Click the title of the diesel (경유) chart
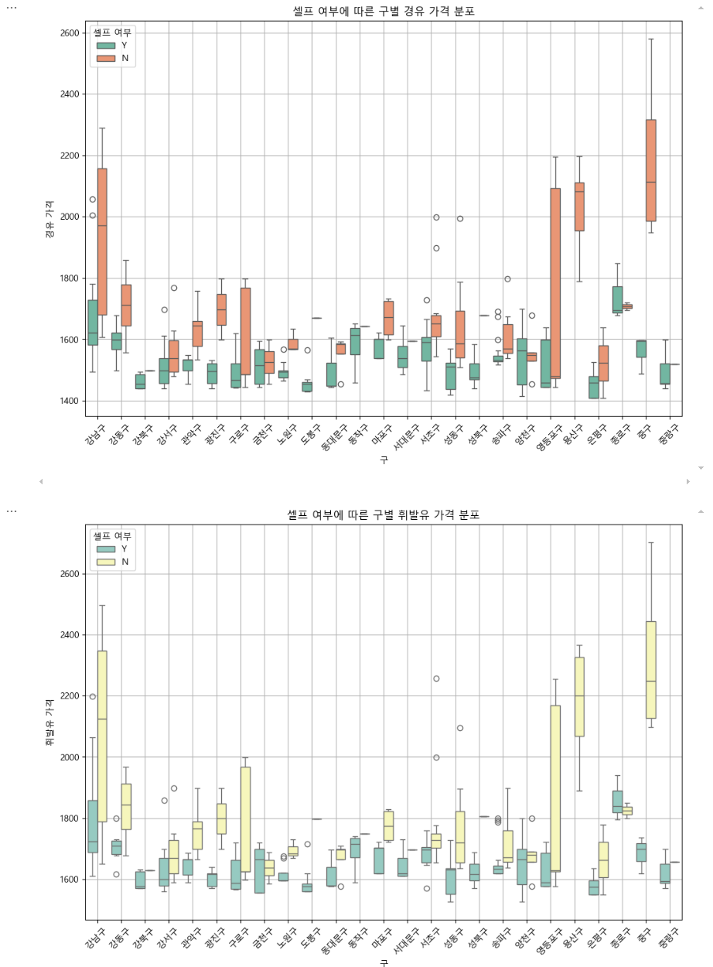tap(384, 10)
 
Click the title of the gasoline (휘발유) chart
tap(384, 514)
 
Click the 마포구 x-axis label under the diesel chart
tap(378, 438)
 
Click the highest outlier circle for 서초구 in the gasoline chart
tap(436, 678)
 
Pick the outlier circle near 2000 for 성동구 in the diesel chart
tap(459, 218)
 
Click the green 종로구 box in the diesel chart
tap(617, 299)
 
